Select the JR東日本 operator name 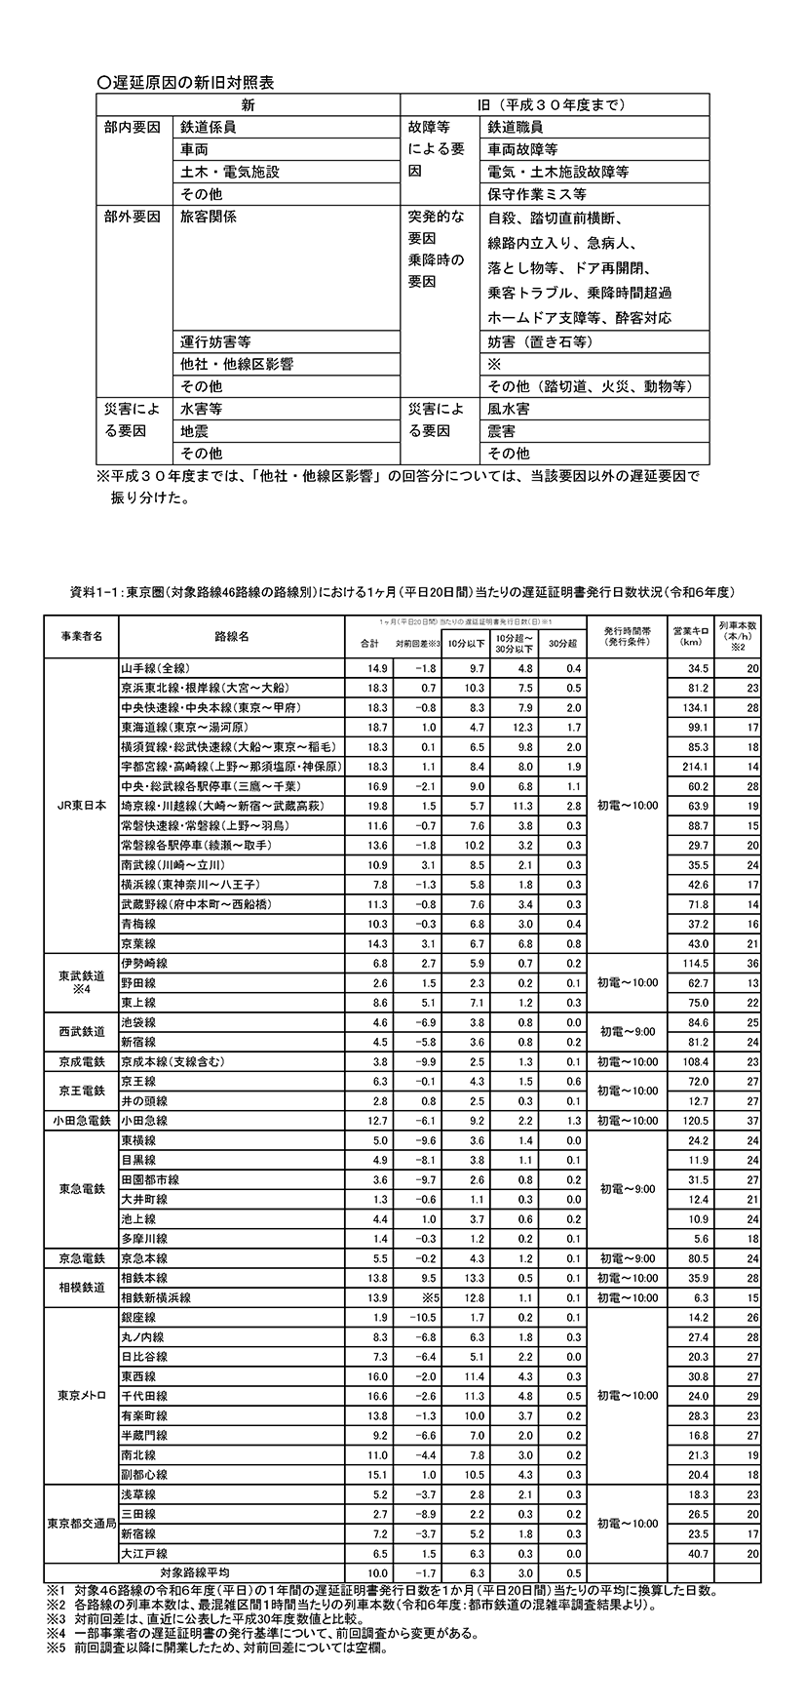(x=79, y=806)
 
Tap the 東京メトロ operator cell (x=79, y=1394)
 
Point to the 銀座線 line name (x=137, y=1318)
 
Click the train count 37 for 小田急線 (x=751, y=1121)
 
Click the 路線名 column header (x=230, y=635)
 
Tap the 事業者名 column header (x=79, y=635)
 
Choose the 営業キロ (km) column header (x=694, y=635)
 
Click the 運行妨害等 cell (x=216, y=341)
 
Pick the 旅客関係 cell (x=208, y=217)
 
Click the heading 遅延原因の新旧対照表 (x=185, y=83)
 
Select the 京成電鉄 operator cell (x=79, y=1061)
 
